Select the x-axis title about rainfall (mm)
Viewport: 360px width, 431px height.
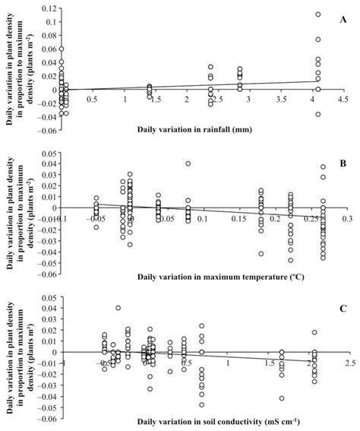[194, 128]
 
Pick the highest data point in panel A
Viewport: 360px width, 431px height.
[318, 14]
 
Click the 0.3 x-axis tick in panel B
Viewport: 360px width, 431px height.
[346, 218]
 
